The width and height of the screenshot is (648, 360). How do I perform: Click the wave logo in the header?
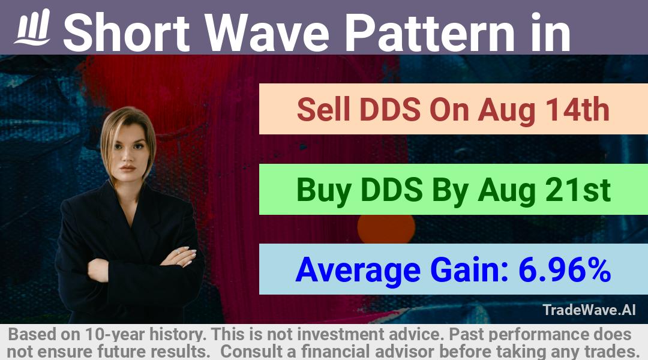[x=32, y=27]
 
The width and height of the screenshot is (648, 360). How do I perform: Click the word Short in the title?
[x=127, y=32]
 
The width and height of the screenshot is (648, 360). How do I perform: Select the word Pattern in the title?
[x=430, y=32]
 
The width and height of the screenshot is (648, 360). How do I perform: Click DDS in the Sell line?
[x=390, y=110]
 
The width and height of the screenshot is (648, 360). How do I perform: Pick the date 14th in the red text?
[x=578, y=110]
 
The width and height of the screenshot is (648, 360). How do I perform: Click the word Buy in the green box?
[x=324, y=191]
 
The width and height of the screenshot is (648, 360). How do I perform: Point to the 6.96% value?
[x=565, y=269]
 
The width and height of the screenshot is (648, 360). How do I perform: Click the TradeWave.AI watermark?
[x=589, y=310]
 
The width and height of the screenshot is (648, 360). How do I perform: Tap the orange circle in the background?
[x=386, y=228]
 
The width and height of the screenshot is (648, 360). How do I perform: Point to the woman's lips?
[x=128, y=169]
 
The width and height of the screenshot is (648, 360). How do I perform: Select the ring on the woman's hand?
[x=178, y=250]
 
